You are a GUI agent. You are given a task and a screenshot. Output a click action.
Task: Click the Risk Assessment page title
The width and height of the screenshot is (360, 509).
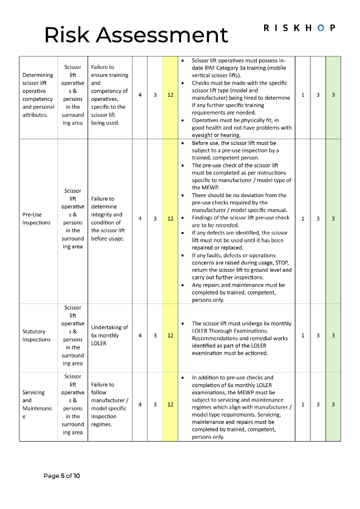pos(136,35)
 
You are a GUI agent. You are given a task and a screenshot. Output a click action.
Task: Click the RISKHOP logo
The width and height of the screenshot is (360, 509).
pos(299,28)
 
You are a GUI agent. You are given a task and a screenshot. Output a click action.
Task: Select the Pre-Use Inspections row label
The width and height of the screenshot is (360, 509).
pos(37,218)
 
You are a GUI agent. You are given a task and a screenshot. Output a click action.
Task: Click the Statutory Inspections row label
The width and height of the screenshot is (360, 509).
pos(36,335)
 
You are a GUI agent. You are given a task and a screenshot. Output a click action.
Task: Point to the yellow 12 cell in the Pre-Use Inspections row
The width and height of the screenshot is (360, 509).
pos(170,218)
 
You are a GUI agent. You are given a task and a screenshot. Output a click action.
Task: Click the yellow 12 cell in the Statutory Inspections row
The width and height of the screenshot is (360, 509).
pos(170,335)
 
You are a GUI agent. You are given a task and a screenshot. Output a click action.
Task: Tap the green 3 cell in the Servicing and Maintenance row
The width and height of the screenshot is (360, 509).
pos(333,404)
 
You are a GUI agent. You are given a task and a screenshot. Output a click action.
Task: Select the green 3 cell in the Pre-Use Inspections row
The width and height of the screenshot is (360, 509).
pos(333,218)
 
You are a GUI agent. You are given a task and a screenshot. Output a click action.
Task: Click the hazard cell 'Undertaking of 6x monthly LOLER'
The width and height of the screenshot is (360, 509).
pos(109,335)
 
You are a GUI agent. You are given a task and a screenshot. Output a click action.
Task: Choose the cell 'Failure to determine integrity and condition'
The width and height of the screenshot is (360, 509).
pos(109,218)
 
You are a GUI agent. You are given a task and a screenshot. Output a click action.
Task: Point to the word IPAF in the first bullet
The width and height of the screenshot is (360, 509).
pos(215,67)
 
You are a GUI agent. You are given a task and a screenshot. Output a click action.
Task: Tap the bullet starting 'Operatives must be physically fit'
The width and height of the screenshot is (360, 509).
pos(242,128)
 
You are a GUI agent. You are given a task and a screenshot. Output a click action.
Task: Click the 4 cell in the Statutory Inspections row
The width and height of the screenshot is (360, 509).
pos(139,335)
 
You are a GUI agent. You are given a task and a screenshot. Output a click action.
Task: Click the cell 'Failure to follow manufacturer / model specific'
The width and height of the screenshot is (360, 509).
pos(109,404)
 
